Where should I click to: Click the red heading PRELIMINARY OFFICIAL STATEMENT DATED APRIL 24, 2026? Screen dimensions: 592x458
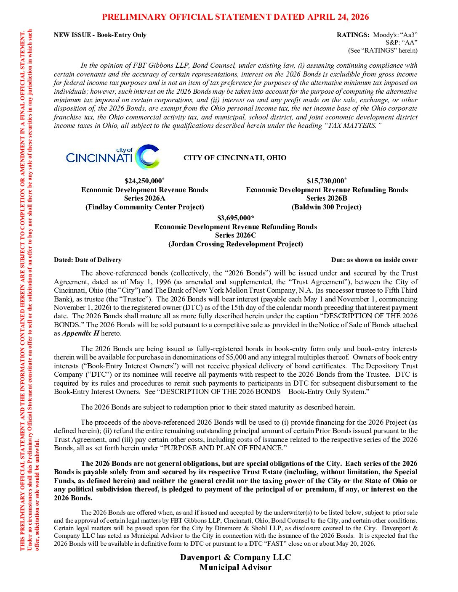[235, 17]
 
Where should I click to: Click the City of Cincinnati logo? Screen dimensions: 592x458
[113, 157]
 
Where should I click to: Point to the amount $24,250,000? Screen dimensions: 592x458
[143, 181]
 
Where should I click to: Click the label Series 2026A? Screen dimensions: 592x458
[144, 198]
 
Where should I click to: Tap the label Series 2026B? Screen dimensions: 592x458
[327, 198]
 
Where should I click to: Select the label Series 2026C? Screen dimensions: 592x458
[235, 235]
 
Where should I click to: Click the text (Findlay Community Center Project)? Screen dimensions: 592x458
[144, 207]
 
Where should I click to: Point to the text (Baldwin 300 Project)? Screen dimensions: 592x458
[327, 207]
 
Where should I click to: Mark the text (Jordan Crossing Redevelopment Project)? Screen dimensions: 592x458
[235, 244]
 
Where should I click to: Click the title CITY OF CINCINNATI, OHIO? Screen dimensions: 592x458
[235, 158]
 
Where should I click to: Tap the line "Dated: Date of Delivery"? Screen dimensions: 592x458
[88, 260]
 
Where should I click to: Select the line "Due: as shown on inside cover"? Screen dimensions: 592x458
[374, 260]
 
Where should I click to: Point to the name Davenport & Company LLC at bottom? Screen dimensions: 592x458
[235, 558]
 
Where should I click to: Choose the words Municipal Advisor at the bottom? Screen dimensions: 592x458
[235, 568]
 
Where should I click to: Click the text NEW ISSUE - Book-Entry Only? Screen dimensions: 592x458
[100, 35]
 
